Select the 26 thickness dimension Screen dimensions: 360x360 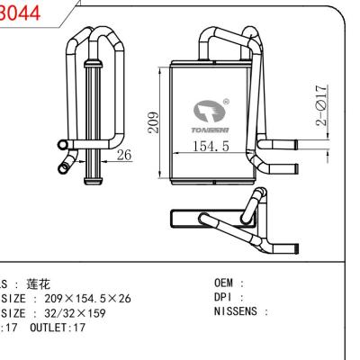pos(124,155)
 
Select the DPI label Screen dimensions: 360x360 pos(223,297)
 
